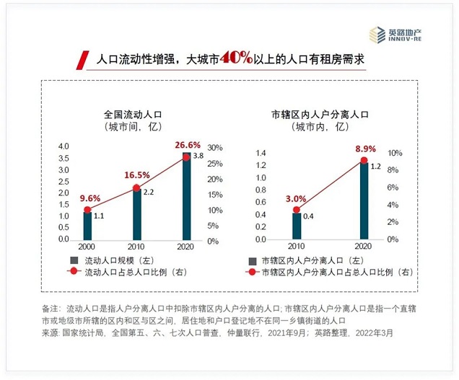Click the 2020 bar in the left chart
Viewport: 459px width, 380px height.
coord(186,196)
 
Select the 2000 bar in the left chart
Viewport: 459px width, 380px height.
coord(87,226)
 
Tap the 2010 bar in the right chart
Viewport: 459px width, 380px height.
coord(297,226)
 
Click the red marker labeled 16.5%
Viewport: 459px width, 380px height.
coord(136,188)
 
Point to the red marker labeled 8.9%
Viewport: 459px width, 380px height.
coord(364,160)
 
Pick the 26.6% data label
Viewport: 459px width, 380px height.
coord(188,145)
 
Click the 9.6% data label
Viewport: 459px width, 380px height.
coord(90,198)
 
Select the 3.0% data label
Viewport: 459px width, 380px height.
coord(296,199)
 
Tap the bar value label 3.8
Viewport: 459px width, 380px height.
coord(198,156)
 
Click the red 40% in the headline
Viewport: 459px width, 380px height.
coord(236,58)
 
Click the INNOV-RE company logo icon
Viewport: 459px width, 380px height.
coord(377,35)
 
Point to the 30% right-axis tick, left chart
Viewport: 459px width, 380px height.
coord(215,148)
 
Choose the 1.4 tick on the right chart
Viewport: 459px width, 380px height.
coord(261,153)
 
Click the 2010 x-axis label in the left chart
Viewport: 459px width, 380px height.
coord(136,247)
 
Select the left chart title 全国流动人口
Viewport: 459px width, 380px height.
coord(133,115)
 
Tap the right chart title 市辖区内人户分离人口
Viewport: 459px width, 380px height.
coord(320,115)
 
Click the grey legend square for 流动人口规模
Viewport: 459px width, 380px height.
coord(74,260)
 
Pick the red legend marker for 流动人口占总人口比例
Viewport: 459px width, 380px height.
coord(74,271)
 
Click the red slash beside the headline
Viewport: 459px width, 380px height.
coord(82,61)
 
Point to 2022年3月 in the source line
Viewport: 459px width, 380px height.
coord(374,333)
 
